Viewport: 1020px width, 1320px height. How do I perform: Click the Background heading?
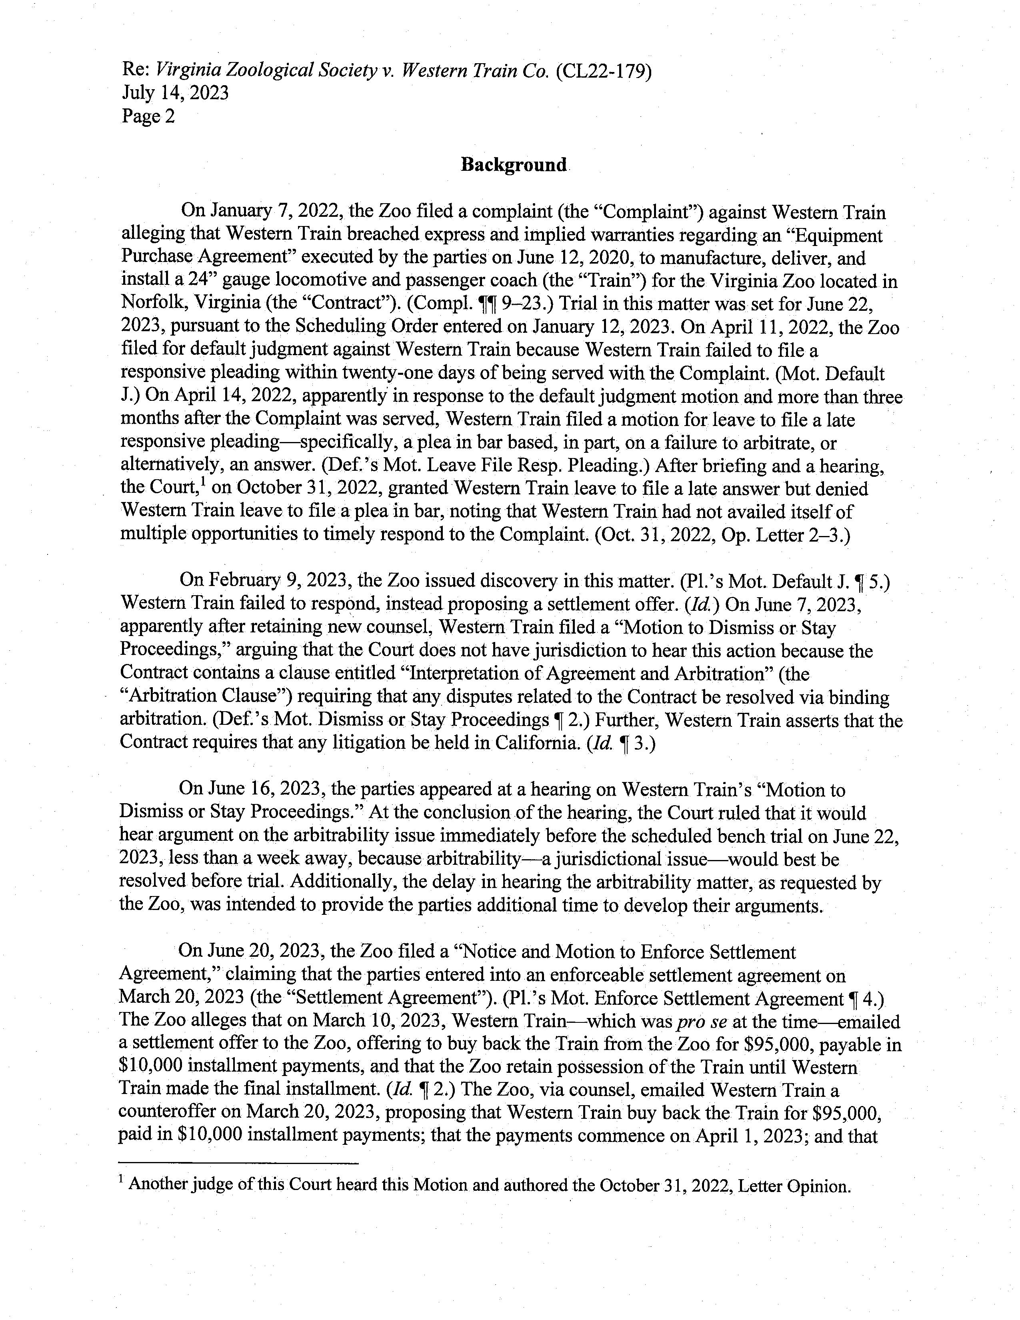coord(514,165)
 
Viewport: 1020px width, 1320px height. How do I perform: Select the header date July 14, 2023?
coord(175,93)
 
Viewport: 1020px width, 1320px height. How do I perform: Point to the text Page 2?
coord(148,116)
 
